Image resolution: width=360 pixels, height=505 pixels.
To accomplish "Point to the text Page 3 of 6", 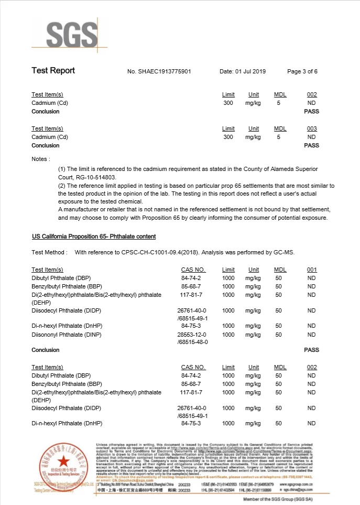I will [x=302, y=71].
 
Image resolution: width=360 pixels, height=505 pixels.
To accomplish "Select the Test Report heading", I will [x=53, y=71].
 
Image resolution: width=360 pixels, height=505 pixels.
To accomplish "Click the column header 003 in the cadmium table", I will [x=312, y=128].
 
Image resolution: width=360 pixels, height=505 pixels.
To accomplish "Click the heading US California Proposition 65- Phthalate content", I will [x=94, y=237].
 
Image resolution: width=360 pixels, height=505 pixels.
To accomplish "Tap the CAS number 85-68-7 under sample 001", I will [x=191, y=286].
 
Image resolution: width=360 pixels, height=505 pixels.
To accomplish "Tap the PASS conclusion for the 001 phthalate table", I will [x=311, y=350].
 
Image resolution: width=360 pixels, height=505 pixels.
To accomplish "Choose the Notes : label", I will [x=41, y=158].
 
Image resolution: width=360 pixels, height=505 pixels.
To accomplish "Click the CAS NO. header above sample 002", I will [x=193, y=367].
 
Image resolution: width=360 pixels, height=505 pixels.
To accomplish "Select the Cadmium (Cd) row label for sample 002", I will [x=49, y=103].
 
